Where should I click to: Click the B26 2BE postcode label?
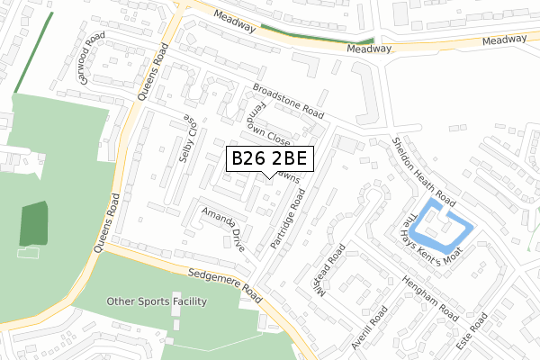click(270, 158)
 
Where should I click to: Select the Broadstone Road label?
click(288, 101)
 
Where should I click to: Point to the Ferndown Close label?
click(269, 127)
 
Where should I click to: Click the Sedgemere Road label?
click(225, 283)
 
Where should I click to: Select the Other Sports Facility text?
click(157, 301)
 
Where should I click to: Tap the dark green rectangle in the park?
click(33, 224)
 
